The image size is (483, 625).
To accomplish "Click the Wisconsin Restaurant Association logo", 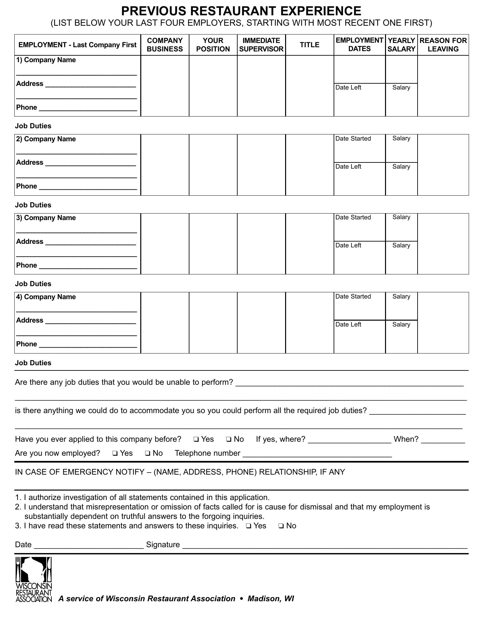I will click(34, 579).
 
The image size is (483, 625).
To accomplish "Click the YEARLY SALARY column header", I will click(401, 45).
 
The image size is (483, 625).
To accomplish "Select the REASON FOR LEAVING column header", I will click(443, 45).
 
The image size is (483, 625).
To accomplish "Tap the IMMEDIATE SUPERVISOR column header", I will click(261, 45).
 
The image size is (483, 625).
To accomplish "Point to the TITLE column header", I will click(309, 45).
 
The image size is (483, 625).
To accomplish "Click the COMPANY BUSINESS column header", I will click(165, 45).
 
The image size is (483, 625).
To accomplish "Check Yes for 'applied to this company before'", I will click(196, 439).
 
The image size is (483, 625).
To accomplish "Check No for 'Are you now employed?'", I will click(148, 453).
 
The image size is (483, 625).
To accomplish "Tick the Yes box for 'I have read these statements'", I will click(249, 526).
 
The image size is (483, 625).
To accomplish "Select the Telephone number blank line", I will click(317, 454).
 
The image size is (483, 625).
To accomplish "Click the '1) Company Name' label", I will click(46, 60).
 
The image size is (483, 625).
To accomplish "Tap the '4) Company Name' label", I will click(46, 297).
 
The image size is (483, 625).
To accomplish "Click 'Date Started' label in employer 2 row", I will click(353, 139).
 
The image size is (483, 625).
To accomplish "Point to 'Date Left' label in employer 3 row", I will click(348, 245).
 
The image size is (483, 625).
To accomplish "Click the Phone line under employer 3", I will click(88, 266).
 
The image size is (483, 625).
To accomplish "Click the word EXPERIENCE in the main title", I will click(321, 11).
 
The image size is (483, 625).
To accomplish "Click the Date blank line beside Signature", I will click(89, 546).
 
